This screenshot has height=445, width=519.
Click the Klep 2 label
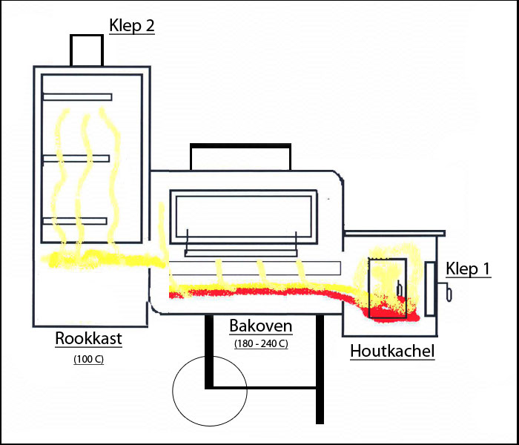click(132, 26)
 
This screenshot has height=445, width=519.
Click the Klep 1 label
click(468, 268)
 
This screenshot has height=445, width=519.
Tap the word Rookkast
click(88, 338)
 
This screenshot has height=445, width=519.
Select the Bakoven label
click(261, 326)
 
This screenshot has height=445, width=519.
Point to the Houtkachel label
click(392, 351)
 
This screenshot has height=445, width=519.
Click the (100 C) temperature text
click(89, 359)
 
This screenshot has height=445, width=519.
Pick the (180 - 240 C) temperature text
click(261, 344)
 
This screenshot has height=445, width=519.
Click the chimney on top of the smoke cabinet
click(87, 50)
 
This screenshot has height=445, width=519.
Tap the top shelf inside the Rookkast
click(77, 97)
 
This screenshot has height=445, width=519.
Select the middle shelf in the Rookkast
click(76, 159)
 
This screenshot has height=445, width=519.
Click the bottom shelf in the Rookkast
click(75, 221)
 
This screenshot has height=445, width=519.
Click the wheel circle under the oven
click(210, 391)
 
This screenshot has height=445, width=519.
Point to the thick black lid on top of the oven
click(241, 146)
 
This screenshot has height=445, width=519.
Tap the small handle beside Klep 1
click(447, 291)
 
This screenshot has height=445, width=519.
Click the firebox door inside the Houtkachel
click(388, 288)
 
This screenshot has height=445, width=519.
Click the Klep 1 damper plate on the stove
click(429, 289)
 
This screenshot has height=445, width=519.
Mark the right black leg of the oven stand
click(320, 369)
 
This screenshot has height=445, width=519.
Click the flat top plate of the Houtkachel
click(394, 234)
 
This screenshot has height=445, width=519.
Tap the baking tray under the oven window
click(241, 254)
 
